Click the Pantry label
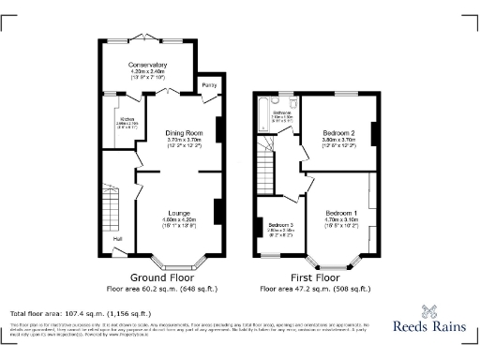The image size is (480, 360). [208, 86]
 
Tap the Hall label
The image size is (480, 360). [118, 238]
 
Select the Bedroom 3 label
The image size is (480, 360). [280, 226]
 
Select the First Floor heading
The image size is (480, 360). [315, 278]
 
